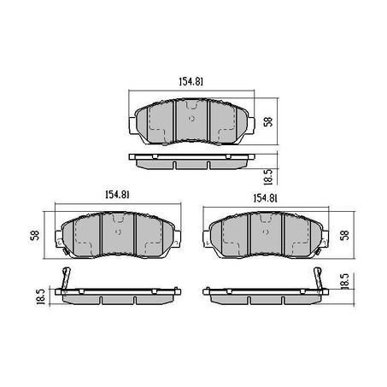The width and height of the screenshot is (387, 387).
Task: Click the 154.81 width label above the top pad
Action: pyautogui.click(x=191, y=82)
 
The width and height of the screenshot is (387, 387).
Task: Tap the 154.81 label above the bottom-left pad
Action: pyautogui.click(x=118, y=195)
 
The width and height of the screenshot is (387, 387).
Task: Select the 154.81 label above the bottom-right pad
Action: pyautogui.click(x=265, y=198)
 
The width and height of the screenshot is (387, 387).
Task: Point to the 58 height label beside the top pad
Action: pyautogui.click(x=268, y=121)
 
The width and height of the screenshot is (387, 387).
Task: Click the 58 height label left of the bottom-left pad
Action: pyautogui.click(x=35, y=235)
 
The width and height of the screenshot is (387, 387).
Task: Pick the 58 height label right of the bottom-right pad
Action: pyautogui.click(x=344, y=235)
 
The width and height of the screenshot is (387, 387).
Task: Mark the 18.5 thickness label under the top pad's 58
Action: pyautogui.click(x=268, y=177)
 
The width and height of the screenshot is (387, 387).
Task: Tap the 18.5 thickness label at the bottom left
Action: pyautogui.click(x=41, y=296)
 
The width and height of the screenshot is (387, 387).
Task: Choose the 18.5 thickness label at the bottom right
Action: pyautogui.click(x=344, y=281)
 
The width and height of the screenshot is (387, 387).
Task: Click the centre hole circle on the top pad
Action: pyautogui.click(x=191, y=119)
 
